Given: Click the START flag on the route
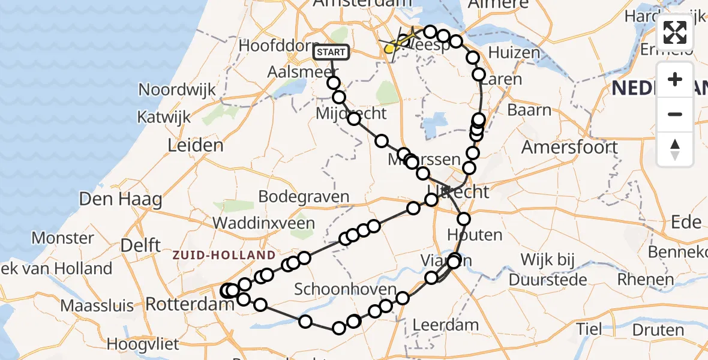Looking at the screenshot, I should tap(331, 52).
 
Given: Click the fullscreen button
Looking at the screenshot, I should tap(675, 32).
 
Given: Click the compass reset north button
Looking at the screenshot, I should tap(675, 149).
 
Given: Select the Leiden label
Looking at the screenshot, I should tap(196, 145).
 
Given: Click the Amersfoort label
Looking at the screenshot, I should tap(569, 147).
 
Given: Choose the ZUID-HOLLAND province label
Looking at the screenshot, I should tap(224, 256).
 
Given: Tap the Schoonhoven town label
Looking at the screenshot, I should tap(345, 289).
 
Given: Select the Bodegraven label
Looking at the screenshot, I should tap(304, 196).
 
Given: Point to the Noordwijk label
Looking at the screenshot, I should tap(177, 90).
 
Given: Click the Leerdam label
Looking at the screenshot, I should tap(446, 326).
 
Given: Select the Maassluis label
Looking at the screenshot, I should tap(97, 306).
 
